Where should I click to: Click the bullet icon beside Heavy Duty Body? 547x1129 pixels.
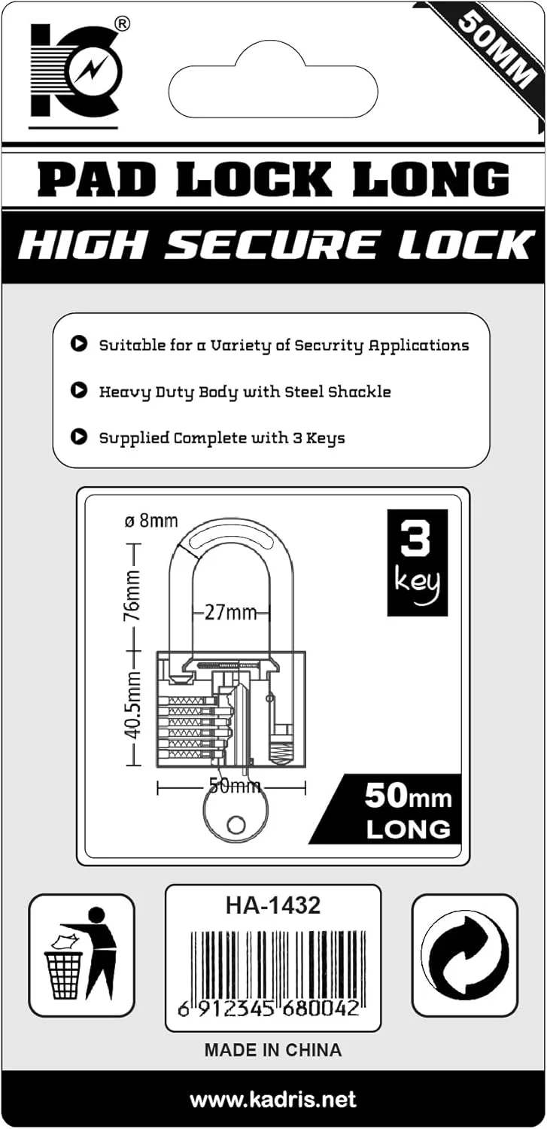pyautogui.click(x=77, y=391)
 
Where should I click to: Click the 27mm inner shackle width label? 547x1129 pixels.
pyautogui.click(x=232, y=613)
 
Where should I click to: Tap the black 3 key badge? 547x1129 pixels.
pyautogui.click(x=418, y=562)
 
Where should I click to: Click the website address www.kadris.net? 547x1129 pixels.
pyautogui.click(x=272, y=1100)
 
